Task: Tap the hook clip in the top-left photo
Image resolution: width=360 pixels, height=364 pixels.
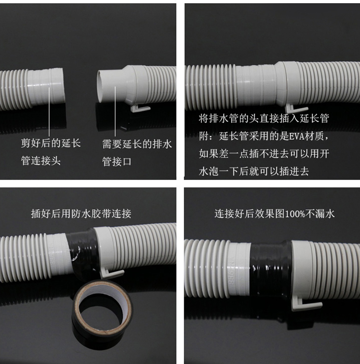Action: pyautogui.click(x=139, y=108)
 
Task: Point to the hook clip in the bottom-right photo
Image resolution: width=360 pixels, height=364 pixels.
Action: pyautogui.click(x=304, y=305)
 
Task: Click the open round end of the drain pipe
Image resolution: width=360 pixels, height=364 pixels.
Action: pyautogui.click(x=101, y=86)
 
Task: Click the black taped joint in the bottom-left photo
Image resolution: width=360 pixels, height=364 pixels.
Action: pyautogui.click(x=82, y=253)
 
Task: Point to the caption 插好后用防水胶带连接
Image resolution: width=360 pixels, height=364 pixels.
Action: pyautogui.click(x=81, y=213)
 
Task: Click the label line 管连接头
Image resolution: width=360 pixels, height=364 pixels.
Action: pyautogui.click(x=41, y=161)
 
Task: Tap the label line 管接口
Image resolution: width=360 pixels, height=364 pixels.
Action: pyautogui.click(x=117, y=161)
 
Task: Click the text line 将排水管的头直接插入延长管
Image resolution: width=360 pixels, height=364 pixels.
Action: pyautogui.click(x=264, y=119)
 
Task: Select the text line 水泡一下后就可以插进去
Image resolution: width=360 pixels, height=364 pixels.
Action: pyautogui.click(x=254, y=172)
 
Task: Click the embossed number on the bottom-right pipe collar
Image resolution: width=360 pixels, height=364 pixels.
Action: pyautogui.click(x=232, y=270)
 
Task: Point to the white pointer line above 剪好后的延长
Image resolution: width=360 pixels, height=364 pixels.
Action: pyautogui.click(x=49, y=112)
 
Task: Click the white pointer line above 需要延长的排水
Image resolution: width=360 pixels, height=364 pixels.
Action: pyautogui.click(x=115, y=111)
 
